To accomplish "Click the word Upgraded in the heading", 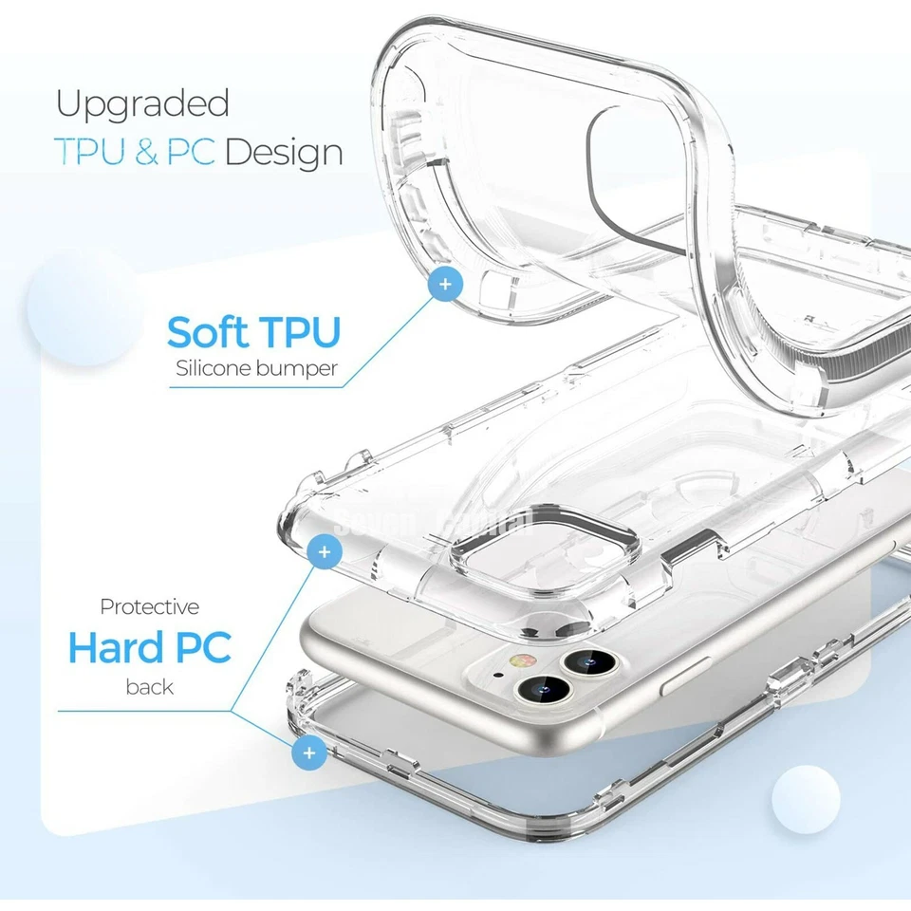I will [x=142, y=104].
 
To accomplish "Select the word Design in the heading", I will [x=284, y=153].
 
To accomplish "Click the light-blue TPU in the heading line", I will [x=91, y=153].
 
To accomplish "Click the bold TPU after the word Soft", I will [x=298, y=333].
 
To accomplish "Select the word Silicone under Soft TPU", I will [x=213, y=369].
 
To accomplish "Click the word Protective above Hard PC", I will [x=150, y=606].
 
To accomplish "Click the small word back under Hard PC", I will [x=150, y=686].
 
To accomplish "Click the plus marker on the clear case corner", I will [x=325, y=551].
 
